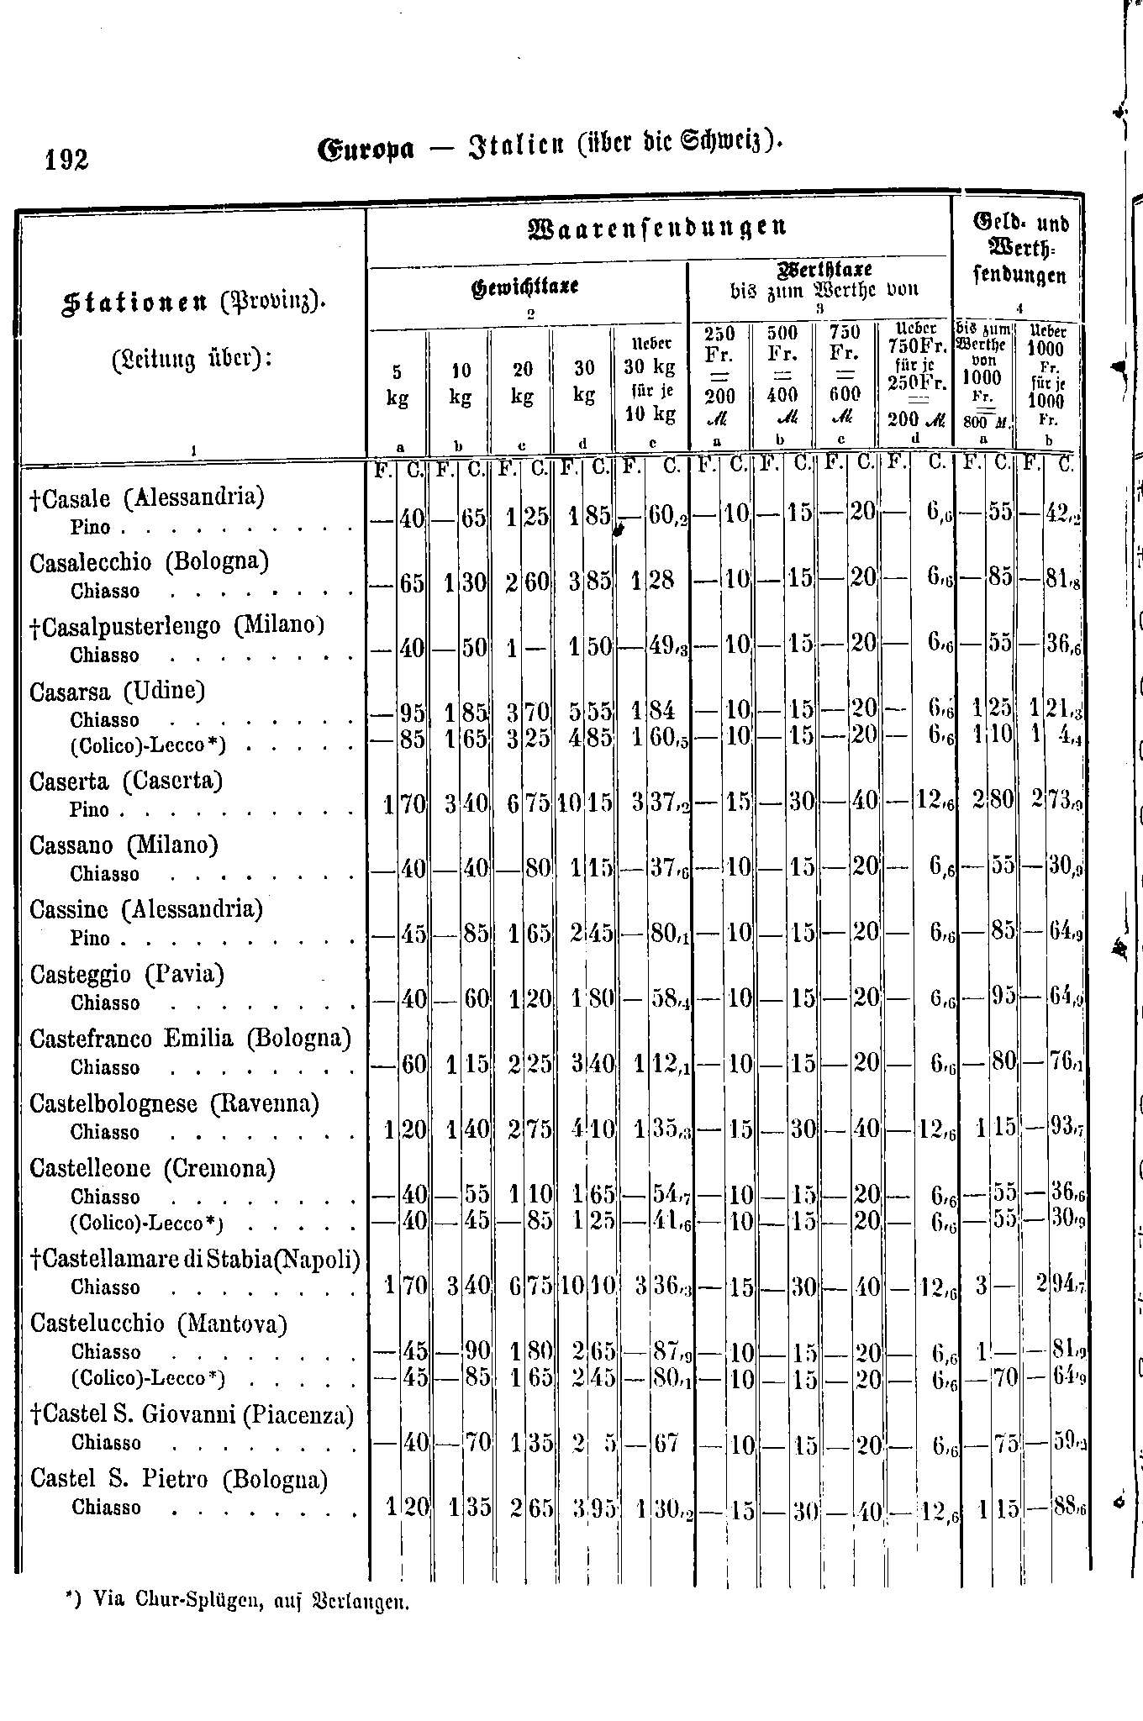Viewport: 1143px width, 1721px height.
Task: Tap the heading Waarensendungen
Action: (657, 227)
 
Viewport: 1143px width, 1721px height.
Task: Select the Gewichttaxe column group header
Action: (525, 287)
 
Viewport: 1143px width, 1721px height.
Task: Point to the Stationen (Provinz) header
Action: (192, 301)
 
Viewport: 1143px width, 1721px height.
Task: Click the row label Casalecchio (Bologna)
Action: (149, 561)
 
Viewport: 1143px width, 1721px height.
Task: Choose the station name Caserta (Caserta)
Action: (126, 782)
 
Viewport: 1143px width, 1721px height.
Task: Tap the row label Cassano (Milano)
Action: (124, 845)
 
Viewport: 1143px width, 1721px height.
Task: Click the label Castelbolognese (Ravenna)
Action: (174, 1103)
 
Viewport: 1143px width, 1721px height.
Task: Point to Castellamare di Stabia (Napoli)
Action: (195, 1259)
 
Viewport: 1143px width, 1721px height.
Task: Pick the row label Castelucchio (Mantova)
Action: (159, 1324)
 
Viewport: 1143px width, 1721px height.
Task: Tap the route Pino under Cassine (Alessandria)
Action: (90, 938)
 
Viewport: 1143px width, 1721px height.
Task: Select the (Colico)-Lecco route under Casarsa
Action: (149, 745)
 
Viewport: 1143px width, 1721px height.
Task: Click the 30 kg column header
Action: (584, 381)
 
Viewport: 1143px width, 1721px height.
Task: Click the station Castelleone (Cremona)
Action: (152, 1168)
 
